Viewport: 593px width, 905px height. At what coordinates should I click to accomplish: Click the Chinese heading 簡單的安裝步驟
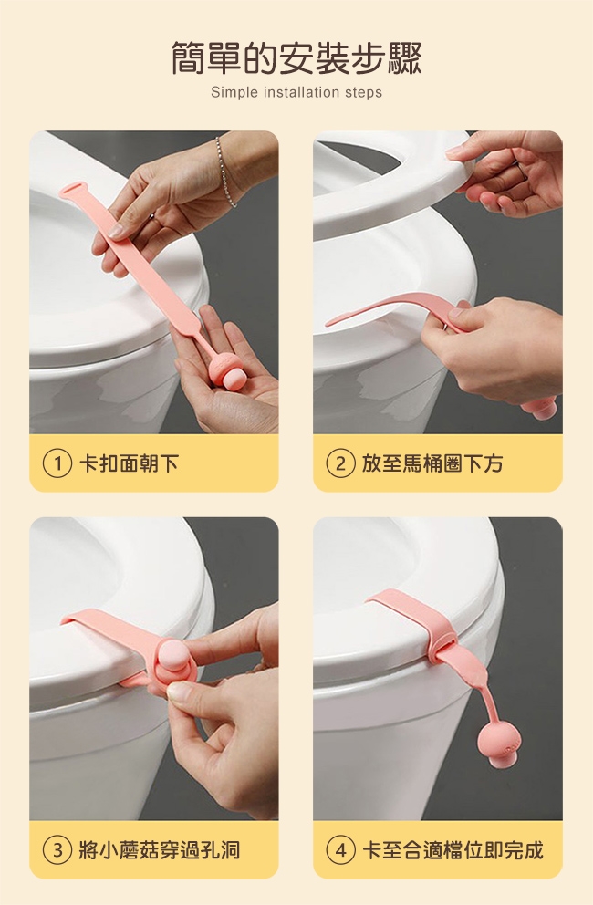[296, 59]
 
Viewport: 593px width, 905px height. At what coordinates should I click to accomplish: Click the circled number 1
[57, 463]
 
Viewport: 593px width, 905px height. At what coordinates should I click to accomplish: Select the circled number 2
[340, 463]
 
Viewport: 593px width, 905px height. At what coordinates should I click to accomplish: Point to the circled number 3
[57, 850]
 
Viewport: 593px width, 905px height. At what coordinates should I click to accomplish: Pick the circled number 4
[340, 850]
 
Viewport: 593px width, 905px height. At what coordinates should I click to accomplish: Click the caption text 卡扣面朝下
[129, 463]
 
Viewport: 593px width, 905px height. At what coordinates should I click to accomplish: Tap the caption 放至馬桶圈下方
[432, 463]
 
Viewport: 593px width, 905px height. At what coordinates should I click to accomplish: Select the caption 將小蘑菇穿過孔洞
[160, 850]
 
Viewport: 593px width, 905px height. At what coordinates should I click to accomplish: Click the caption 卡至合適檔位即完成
[453, 850]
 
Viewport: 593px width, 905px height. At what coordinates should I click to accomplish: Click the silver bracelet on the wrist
[224, 171]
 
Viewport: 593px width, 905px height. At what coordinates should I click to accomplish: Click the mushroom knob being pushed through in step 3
[173, 659]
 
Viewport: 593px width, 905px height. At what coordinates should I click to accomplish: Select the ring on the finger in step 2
[522, 171]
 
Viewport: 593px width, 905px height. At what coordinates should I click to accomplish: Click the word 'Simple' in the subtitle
[234, 92]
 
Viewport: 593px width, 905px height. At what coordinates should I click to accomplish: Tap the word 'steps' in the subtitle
[364, 92]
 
